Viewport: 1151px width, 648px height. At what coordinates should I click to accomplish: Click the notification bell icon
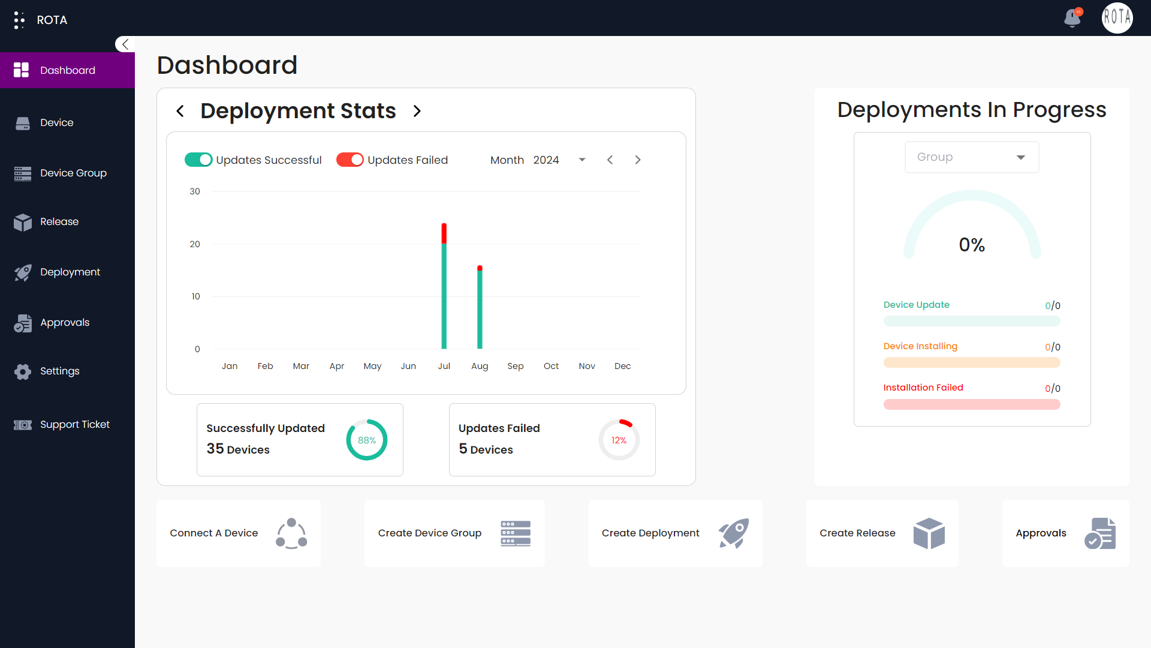tap(1072, 18)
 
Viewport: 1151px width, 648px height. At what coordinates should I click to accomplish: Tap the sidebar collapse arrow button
tap(125, 44)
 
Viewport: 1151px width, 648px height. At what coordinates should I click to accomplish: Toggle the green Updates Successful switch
tap(198, 160)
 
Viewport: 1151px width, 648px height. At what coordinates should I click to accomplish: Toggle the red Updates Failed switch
tap(350, 160)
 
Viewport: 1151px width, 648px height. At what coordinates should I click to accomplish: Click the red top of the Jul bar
tap(444, 233)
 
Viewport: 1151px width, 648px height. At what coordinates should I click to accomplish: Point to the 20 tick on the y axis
tap(195, 244)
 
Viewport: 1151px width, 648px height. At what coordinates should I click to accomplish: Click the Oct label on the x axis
tap(551, 366)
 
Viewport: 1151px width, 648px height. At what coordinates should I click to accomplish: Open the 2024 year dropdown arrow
tap(582, 160)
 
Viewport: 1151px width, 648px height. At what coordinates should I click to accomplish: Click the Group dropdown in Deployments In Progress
tap(971, 157)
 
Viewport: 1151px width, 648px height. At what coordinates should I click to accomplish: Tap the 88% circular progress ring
tap(367, 440)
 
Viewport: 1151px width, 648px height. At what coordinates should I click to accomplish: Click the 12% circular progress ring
tap(619, 440)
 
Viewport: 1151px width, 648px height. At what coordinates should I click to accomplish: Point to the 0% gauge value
tap(972, 245)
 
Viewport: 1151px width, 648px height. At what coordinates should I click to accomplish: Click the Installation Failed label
tap(923, 388)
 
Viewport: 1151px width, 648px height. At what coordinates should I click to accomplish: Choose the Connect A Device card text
tap(214, 533)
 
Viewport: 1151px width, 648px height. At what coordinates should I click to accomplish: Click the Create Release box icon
tap(929, 533)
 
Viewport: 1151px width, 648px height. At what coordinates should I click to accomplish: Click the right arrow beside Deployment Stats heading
tap(417, 111)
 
